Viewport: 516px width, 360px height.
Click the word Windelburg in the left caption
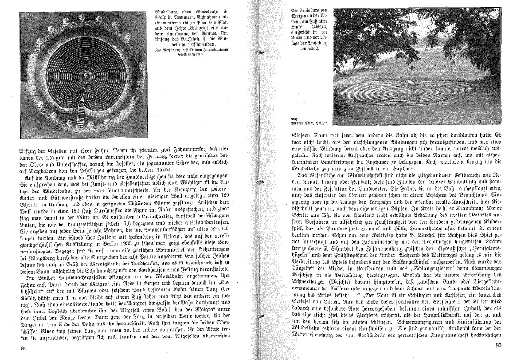point(170,11)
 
